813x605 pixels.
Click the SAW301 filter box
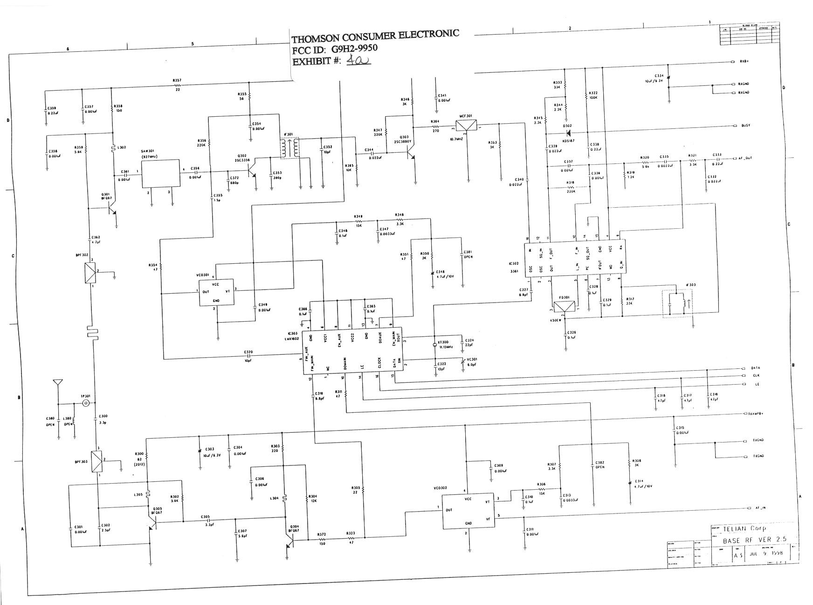pos(161,173)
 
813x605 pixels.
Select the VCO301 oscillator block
pos(216,293)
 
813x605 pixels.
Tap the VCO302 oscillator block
pos(468,511)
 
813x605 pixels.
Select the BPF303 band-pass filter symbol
pos(97,460)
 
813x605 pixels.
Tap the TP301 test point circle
pos(86,403)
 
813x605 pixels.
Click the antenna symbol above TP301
pos(58,382)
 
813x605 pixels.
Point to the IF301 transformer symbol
pos(289,149)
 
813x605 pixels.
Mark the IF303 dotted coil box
pos(677,303)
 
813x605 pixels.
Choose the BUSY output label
pos(745,126)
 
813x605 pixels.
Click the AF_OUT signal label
pos(745,158)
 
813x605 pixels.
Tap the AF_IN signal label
pos(759,508)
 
